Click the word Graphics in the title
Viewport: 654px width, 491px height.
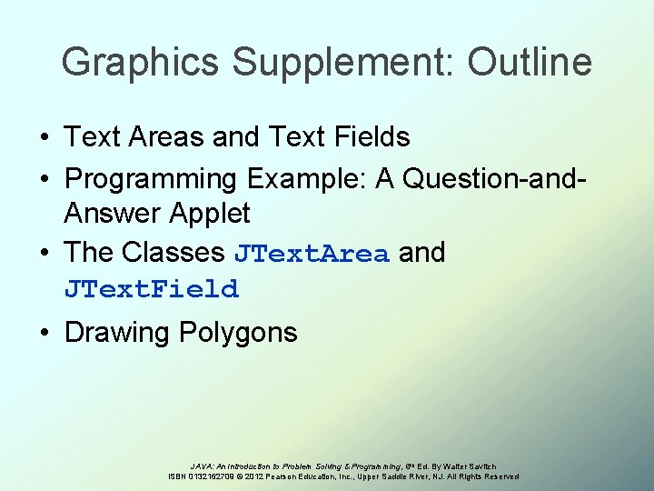point(141,63)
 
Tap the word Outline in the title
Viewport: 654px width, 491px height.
point(530,63)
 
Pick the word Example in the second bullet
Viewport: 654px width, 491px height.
point(292,178)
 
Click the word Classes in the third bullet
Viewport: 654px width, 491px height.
point(173,252)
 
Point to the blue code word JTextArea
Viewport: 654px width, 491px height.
point(312,253)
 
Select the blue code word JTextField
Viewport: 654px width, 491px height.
point(152,290)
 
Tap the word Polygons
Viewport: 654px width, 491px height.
point(238,333)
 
